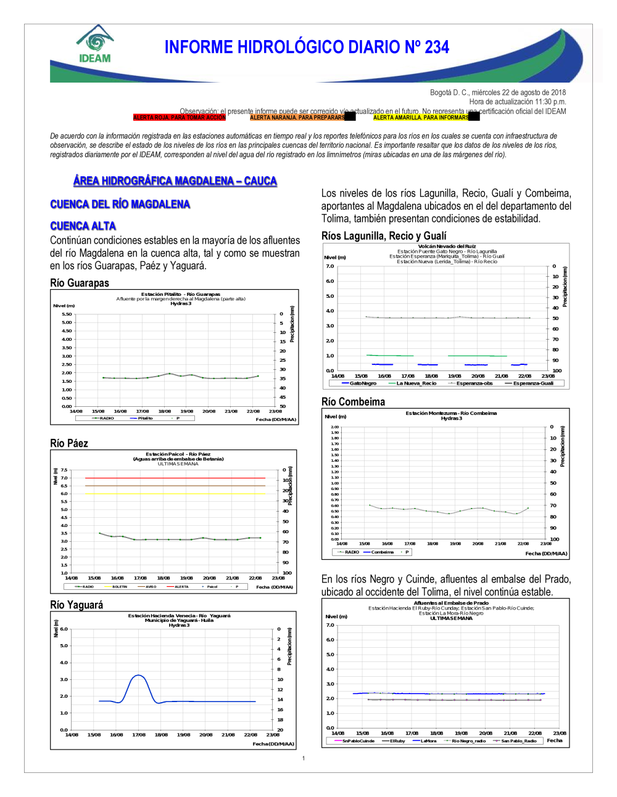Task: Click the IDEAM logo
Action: coord(95,44)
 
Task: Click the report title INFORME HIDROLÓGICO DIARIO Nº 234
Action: coord(307,47)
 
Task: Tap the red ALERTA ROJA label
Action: coord(179,117)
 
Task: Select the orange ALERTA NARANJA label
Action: coord(297,117)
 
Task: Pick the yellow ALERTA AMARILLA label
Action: coord(421,117)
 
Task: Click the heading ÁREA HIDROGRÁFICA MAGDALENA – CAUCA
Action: coord(175,181)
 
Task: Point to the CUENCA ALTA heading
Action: coord(83,226)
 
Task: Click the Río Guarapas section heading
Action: coord(80,283)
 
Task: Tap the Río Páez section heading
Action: coord(69,443)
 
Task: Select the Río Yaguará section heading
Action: coord(77,605)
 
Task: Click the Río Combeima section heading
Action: coord(353,402)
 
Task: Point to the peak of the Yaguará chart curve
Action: coord(139,676)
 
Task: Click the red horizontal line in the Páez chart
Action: coord(175,478)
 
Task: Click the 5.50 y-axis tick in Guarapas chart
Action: coord(67,314)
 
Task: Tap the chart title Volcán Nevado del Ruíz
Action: coord(447,247)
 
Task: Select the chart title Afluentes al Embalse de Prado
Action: coord(451,603)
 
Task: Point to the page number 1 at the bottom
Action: coord(304,758)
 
